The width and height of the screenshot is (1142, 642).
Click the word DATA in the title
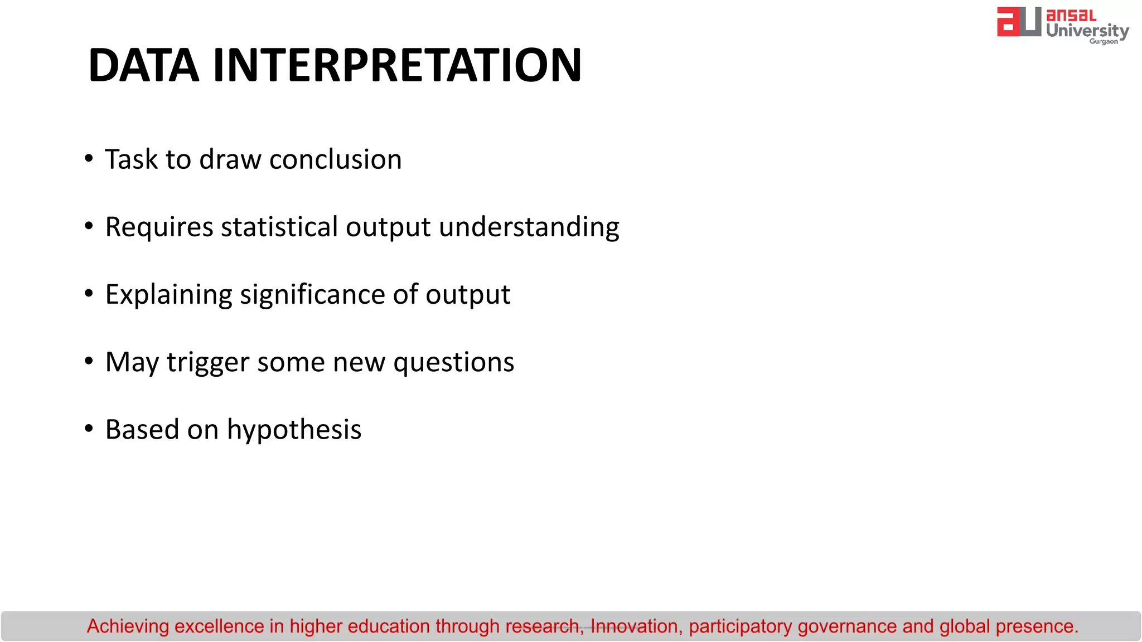tap(143, 65)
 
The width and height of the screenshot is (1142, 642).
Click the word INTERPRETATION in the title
tap(397, 65)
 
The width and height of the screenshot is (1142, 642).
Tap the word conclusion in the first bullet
tap(335, 160)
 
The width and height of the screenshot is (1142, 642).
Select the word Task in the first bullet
tap(132, 160)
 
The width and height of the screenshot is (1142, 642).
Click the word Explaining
tap(168, 295)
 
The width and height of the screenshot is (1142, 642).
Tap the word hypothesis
tap(294, 430)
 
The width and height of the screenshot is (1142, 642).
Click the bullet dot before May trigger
tap(89, 361)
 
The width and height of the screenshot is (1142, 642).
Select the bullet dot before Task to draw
tap(89, 158)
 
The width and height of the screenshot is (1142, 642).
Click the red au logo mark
tap(1018, 22)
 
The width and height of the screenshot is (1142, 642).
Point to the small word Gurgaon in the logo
tap(1104, 42)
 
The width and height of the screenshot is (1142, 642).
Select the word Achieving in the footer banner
tap(128, 626)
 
